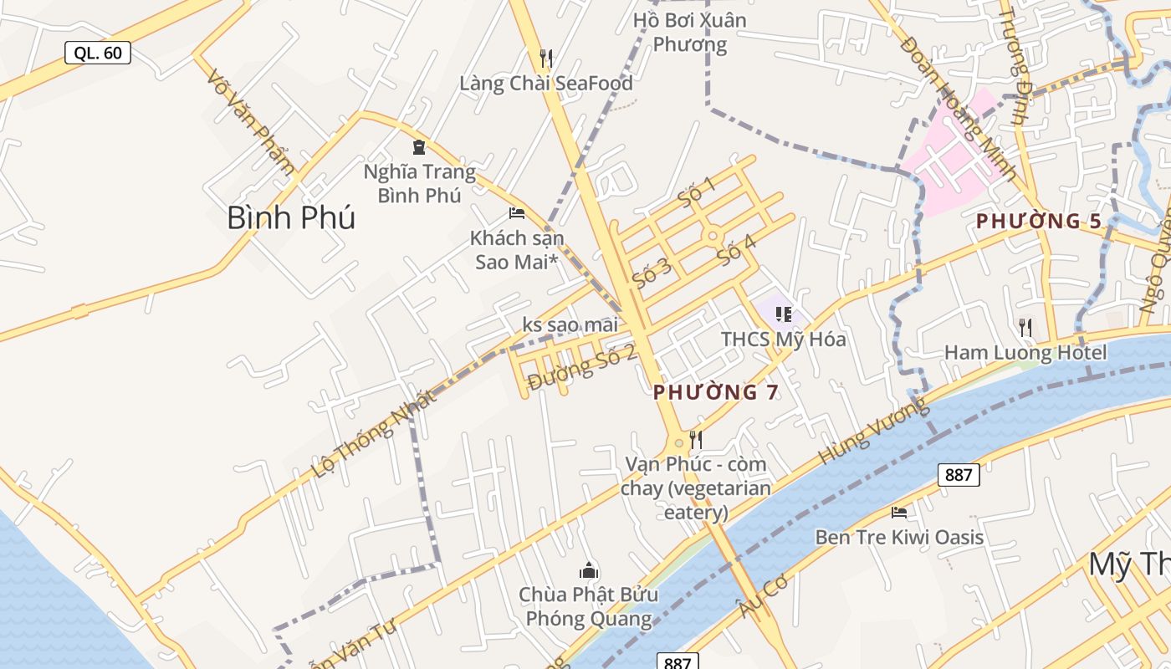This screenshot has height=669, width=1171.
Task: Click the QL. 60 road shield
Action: (98, 53)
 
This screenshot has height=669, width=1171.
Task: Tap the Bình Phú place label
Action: (291, 217)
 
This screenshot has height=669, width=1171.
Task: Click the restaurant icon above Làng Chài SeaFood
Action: (546, 58)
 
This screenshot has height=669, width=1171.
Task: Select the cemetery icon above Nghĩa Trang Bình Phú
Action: (419, 148)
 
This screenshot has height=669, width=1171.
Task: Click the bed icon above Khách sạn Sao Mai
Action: (517, 213)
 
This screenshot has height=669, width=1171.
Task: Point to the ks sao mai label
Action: (570, 324)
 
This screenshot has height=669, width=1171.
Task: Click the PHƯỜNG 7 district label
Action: (715, 392)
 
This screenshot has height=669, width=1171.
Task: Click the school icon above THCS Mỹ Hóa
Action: (784, 314)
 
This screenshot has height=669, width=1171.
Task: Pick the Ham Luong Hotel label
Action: (1025, 352)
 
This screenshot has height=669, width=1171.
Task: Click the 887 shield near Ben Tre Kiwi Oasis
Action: (959, 475)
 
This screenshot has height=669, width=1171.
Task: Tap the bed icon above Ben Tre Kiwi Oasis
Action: (899, 512)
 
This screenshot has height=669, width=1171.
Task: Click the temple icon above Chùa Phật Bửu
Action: (589, 571)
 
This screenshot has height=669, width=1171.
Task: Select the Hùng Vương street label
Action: (873, 432)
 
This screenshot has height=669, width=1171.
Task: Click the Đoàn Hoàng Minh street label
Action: (958, 109)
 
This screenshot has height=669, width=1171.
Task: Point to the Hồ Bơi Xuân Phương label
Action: (689, 32)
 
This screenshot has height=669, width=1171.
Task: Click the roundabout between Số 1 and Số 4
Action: (713, 237)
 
